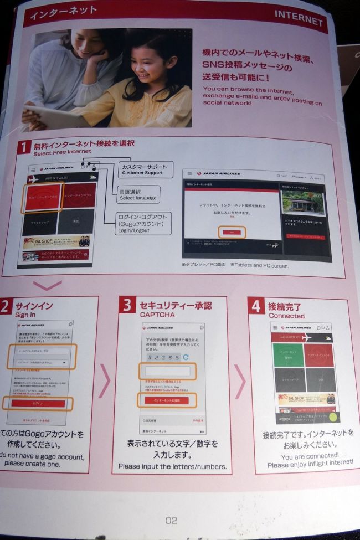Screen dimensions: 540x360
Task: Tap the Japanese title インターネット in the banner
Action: pyautogui.click(x=56, y=11)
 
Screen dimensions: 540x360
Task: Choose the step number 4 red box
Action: pyautogui.click(x=256, y=306)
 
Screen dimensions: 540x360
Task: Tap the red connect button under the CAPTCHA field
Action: pyautogui.click(x=167, y=400)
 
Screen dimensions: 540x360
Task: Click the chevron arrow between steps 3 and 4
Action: pyautogui.click(x=240, y=382)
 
